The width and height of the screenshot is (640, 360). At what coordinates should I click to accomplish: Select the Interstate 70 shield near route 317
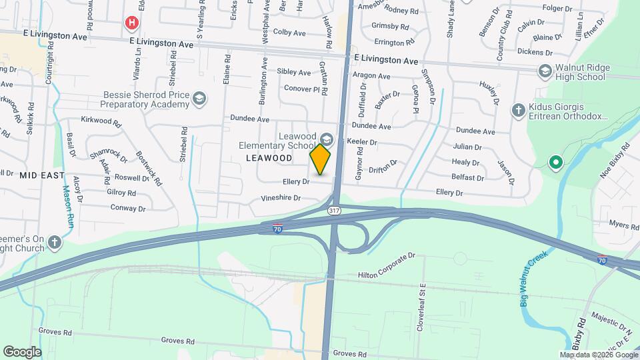coord(277,229)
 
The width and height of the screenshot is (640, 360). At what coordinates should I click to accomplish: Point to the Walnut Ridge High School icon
coord(545,71)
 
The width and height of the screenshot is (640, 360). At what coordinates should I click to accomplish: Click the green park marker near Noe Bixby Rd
coord(554,162)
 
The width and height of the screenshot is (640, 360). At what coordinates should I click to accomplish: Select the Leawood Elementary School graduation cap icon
coord(327,139)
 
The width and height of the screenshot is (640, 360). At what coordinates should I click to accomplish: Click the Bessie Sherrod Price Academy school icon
coord(198,99)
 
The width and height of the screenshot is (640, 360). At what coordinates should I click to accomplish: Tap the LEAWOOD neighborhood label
coord(269,158)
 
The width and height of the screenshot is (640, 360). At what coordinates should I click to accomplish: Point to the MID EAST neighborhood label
coord(41,175)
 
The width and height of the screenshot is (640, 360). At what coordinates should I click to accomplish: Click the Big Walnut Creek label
coord(533,274)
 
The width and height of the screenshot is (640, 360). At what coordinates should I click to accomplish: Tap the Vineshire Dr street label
coord(281,198)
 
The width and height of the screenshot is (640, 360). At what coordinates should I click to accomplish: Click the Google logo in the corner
coord(22,351)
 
